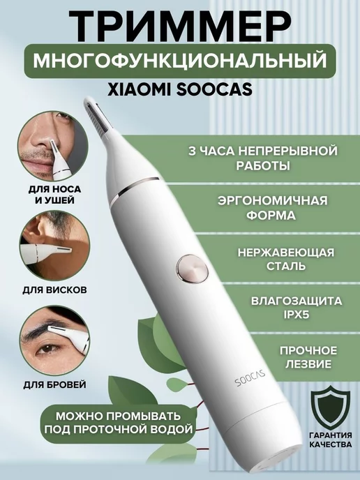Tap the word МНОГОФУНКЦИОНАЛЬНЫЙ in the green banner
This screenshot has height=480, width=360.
pyautogui.click(x=180, y=61)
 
